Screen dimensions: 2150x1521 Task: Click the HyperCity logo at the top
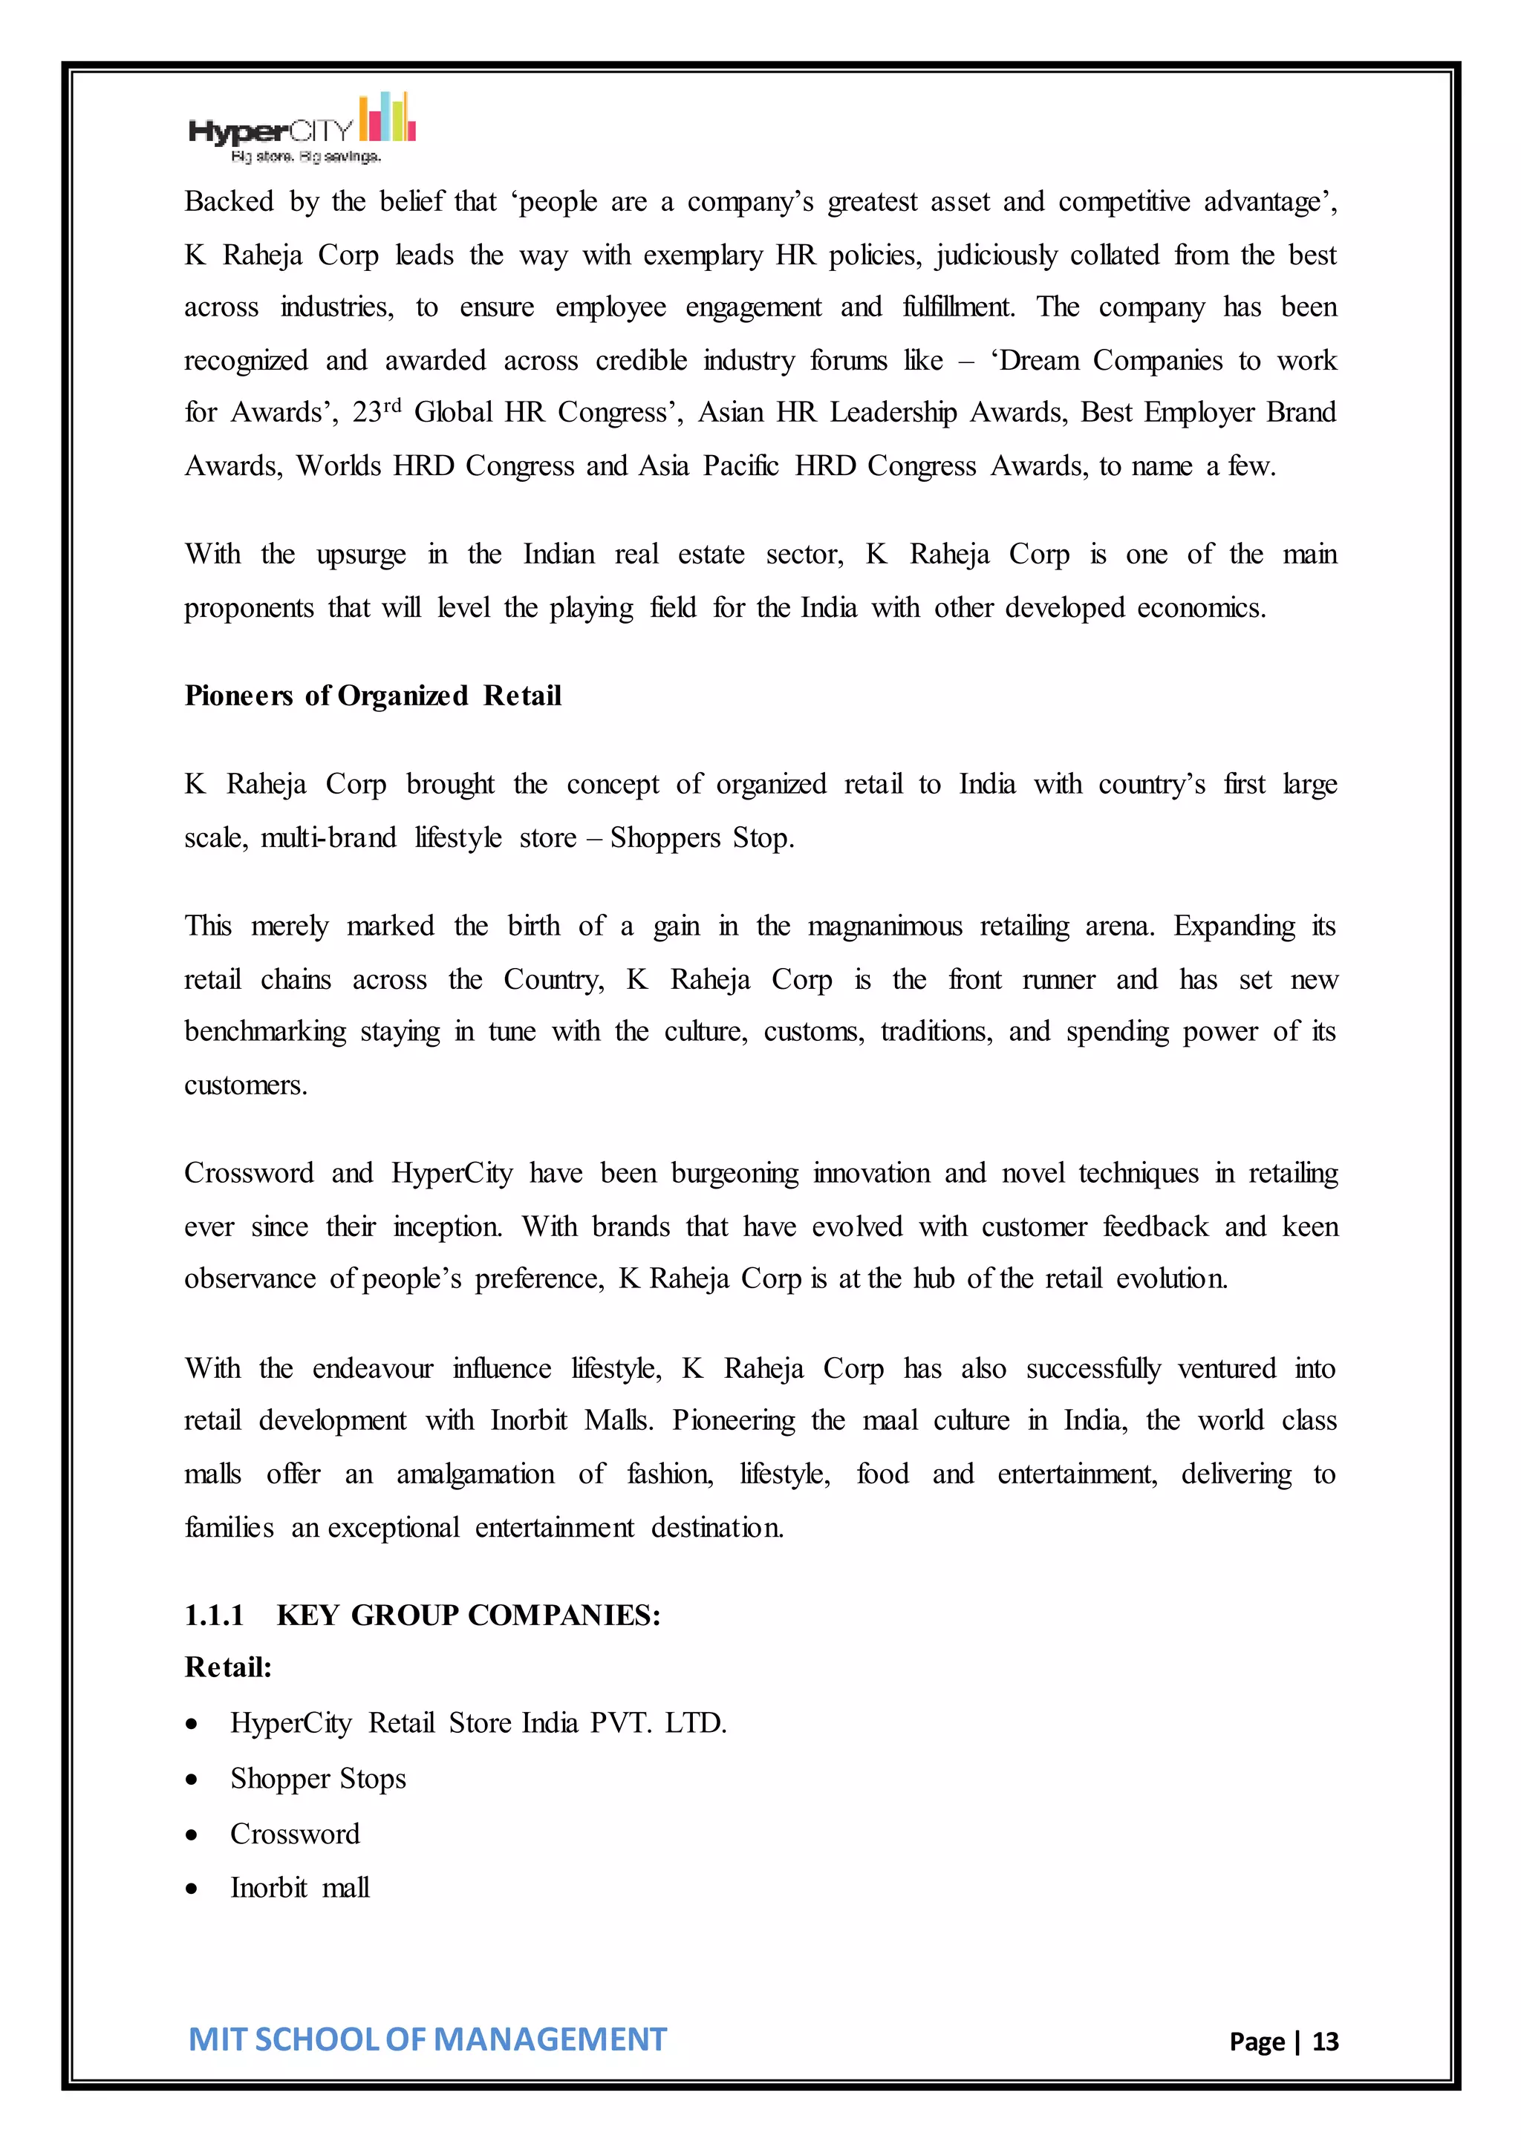click(302, 129)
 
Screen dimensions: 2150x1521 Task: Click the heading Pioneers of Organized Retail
click(373, 696)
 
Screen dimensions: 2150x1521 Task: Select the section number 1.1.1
click(215, 1615)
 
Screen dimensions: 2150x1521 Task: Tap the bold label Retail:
click(227, 1667)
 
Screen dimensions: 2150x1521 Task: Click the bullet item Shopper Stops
click(318, 1778)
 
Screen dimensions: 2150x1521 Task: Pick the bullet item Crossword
click(295, 1834)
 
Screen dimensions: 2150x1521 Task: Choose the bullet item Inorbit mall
click(300, 1888)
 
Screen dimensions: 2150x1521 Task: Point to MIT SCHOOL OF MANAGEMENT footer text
click(427, 2039)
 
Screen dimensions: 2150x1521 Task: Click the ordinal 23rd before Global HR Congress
click(377, 411)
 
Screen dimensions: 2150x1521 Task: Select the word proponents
click(249, 608)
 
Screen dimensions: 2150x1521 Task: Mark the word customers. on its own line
click(245, 1085)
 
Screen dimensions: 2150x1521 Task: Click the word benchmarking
click(265, 1032)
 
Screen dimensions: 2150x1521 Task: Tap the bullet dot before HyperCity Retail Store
click(192, 1724)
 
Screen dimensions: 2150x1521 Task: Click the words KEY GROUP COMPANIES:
click(469, 1615)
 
